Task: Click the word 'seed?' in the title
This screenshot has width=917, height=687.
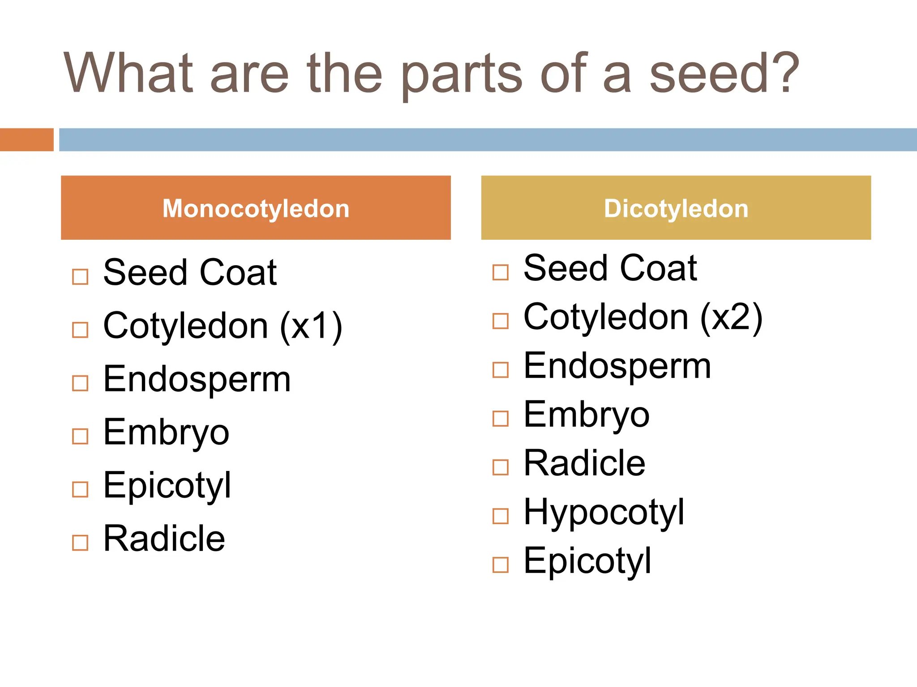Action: (x=723, y=74)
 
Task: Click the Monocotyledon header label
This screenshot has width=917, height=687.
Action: (x=256, y=208)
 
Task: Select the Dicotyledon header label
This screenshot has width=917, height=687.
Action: (x=676, y=208)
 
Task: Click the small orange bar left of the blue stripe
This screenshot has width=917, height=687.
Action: (x=26, y=140)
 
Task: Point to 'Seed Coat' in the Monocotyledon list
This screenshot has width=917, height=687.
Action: (x=190, y=272)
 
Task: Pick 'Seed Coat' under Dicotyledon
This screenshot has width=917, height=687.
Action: (x=610, y=268)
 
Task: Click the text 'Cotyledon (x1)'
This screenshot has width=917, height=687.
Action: (x=223, y=326)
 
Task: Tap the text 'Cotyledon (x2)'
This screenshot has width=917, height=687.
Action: (x=643, y=317)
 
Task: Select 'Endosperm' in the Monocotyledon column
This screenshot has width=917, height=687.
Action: (x=197, y=379)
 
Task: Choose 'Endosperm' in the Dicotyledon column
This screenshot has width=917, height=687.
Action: (x=617, y=366)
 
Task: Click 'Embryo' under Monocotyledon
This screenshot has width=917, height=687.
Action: (x=166, y=433)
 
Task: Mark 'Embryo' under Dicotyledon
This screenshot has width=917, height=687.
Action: (x=586, y=415)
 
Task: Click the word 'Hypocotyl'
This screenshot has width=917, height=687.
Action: (x=604, y=513)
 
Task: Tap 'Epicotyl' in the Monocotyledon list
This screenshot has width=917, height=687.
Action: (x=167, y=486)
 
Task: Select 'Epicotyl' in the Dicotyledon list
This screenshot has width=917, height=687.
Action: (x=587, y=561)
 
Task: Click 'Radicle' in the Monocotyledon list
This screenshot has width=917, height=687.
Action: (x=164, y=539)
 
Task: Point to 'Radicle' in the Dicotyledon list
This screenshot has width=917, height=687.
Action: (x=584, y=463)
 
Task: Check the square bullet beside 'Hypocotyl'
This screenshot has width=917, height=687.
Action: (x=500, y=516)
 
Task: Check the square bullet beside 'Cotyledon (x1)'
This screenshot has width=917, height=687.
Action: (x=80, y=330)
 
